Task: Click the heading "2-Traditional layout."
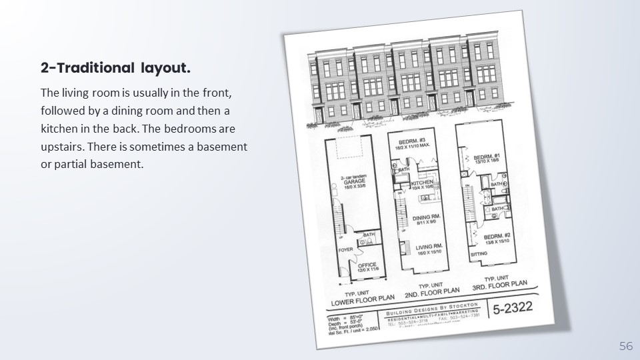(x=115, y=68)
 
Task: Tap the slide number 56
(x=626, y=346)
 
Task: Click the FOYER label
(x=345, y=250)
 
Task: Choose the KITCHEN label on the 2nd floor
(x=423, y=183)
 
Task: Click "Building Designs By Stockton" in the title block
(x=434, y=311)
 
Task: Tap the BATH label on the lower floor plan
(x=369, y=235)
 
